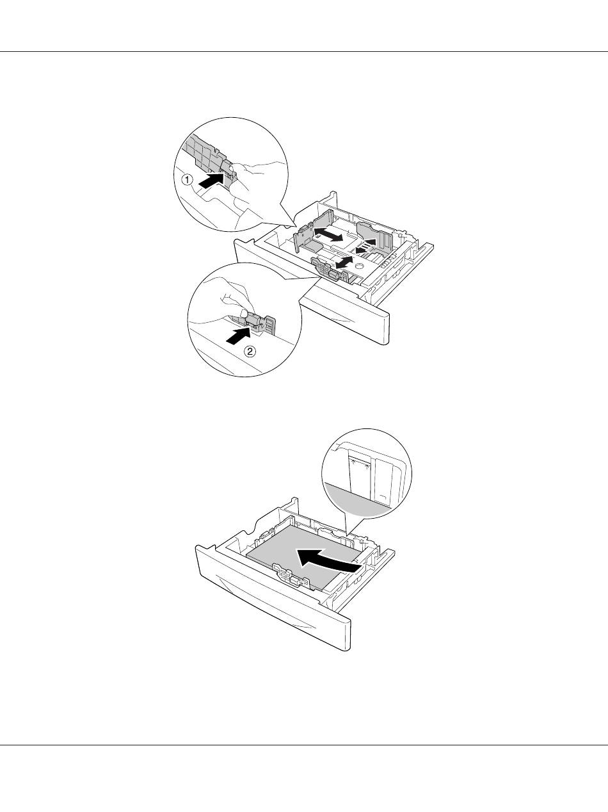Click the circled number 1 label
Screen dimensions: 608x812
coord(188,180)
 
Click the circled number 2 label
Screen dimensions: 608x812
coord(250,351)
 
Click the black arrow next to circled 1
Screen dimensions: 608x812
coord(211,181)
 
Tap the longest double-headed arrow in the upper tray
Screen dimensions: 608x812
coord(328,235)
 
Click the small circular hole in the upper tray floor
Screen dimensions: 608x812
coord(359,266)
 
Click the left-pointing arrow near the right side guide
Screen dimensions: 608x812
coord(363,250)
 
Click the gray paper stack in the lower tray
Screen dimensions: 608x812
coord(303,562)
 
